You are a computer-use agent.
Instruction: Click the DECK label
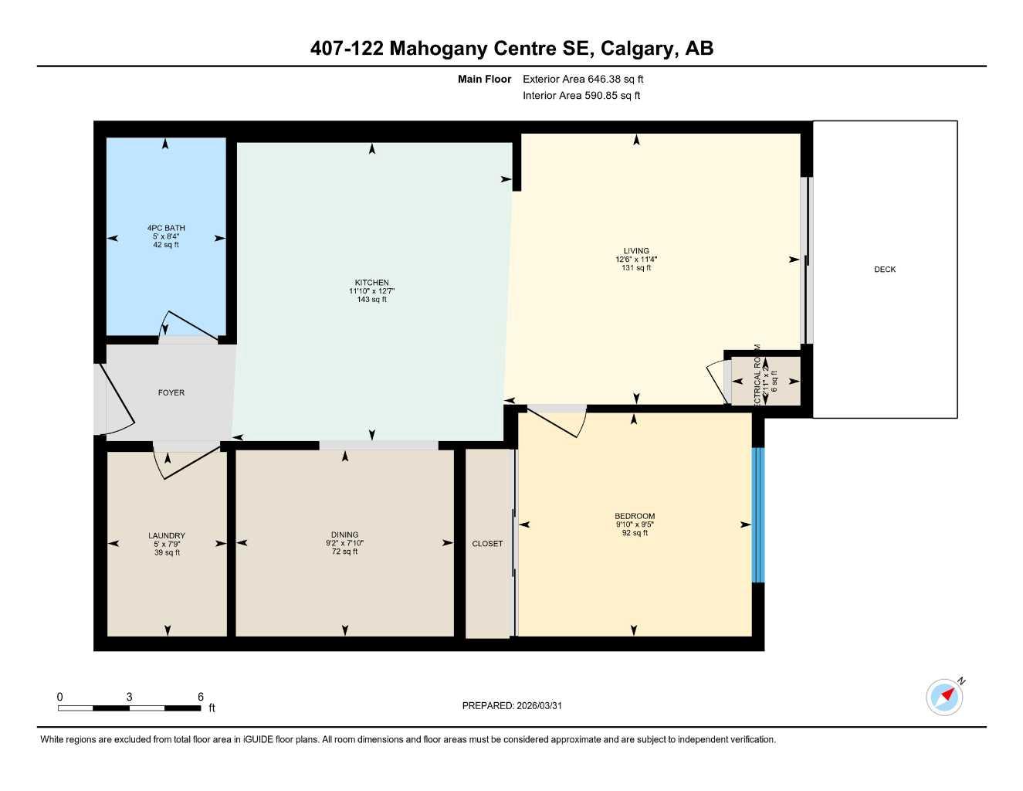[885, 270]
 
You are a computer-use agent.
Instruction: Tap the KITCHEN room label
[371, 283]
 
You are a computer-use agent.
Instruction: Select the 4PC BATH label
[166, 228]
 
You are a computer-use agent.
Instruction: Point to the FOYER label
[171, 393]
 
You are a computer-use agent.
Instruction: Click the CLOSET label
[487, 544]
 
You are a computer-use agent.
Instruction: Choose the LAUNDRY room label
[167, 536]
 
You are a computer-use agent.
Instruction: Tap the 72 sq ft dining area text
[344, 552]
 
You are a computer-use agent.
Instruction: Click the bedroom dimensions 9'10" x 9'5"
[635, 525]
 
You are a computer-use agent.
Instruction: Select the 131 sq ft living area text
[636, 268]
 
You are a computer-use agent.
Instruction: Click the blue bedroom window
[757, 514]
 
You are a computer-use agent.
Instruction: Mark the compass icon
[945, 697]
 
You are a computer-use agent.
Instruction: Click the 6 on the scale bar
[201, 697]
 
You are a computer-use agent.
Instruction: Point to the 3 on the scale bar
[129, 697]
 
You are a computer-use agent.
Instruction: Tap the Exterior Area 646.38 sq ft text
[583, 79]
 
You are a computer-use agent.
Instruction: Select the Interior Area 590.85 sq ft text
[581, 96]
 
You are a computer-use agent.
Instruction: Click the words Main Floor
[484, 79]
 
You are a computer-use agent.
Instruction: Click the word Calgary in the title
[637, 49]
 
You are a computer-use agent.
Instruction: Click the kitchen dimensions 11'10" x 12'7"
[371, 291]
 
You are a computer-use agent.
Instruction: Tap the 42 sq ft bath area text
[166, 245]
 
